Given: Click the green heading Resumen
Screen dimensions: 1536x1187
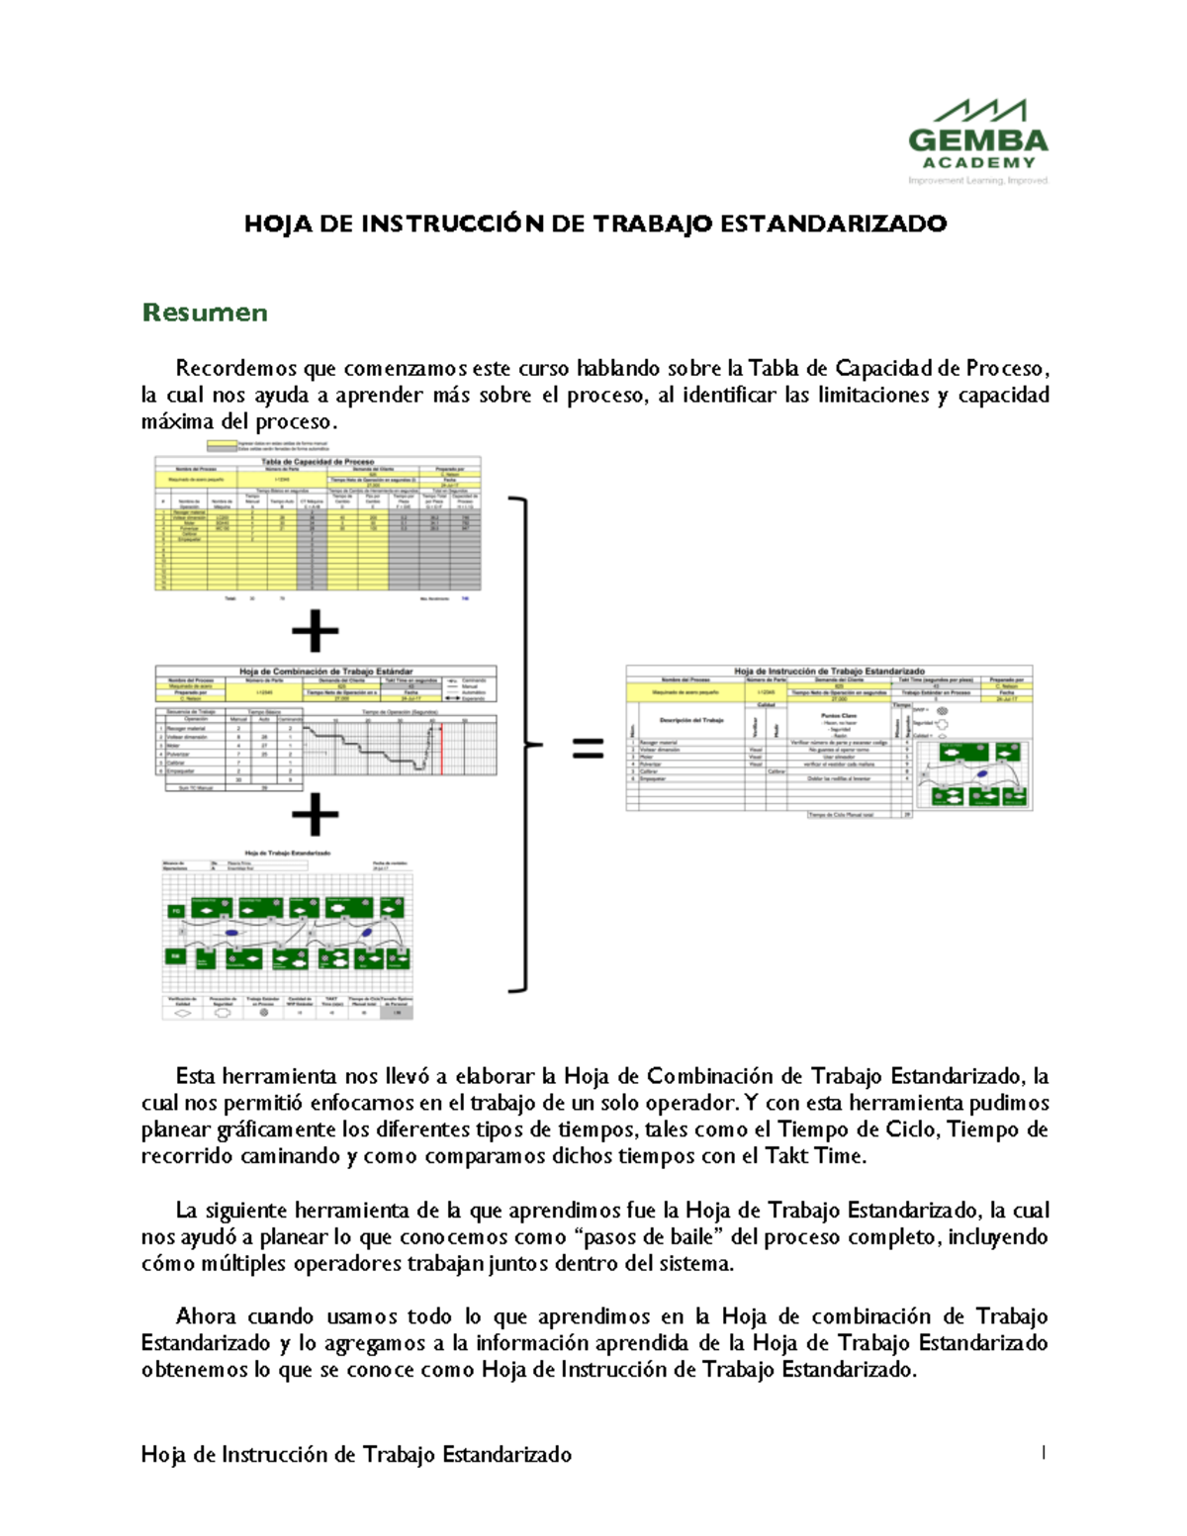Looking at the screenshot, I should coord(205,313).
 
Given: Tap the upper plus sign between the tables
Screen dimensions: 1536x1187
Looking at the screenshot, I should coord(316,631).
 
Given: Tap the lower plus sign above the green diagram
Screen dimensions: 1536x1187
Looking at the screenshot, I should coord(316,815).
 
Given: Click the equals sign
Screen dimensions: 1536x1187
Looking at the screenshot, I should coord(588,750).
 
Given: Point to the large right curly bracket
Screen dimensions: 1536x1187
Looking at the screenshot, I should coord(522,744).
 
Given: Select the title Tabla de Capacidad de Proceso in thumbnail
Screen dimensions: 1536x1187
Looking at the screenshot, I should coord(318,461).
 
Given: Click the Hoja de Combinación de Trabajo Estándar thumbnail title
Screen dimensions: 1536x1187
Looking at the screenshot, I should coord(325,672).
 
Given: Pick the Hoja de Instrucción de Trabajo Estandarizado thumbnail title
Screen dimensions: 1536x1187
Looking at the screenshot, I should coord(829,671).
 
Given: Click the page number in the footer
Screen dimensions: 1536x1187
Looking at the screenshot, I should coord(1043,1452).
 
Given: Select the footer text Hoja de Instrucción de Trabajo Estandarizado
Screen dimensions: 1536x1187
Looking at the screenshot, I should coord(356,1454).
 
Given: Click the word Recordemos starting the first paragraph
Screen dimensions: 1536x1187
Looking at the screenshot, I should coord(236,369).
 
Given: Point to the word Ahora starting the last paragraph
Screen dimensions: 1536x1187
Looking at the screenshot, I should coord(205,1316).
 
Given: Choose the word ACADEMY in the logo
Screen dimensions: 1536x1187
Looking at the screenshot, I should coord(978,162).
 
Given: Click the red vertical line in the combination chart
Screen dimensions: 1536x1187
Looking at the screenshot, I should coord(440,748).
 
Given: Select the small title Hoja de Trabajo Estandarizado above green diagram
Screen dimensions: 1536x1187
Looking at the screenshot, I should coord(287,853).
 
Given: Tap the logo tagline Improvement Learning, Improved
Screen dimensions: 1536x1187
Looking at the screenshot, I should coord(977,180).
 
